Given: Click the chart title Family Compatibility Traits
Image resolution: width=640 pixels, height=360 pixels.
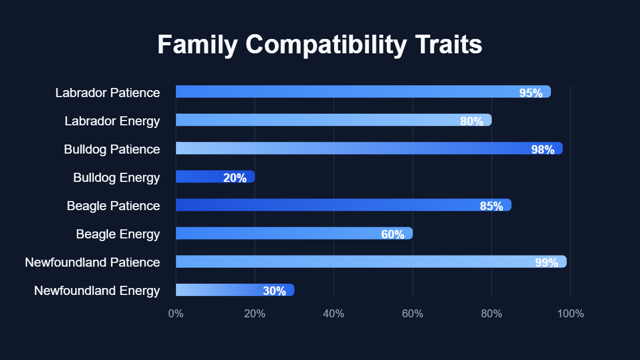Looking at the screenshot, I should (x=319, y=45).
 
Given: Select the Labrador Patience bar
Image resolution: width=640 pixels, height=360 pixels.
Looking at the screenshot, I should (x=363, y=92).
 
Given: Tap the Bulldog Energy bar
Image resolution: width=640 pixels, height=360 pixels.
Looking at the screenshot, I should (x=215, y=177).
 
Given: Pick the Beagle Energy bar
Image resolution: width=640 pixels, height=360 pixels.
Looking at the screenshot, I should (x=294, y=233).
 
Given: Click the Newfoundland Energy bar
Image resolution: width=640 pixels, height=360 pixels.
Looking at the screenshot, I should (x=235, y=290).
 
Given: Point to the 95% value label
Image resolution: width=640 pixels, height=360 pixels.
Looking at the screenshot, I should (x=531, y=93).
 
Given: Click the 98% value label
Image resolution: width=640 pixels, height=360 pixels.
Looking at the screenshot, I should (x=542, y=149).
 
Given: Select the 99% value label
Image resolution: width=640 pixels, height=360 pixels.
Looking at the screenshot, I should (x=547, y=262).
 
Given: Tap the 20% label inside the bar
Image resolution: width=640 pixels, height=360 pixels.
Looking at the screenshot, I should (x=235, y=178).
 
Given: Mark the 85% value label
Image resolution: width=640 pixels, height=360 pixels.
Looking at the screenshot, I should (x=491, y=206).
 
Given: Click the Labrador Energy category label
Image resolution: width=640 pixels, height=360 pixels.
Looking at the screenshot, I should (x=112, y=121).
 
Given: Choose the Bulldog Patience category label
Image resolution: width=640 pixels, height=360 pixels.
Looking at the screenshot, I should (x=112, y=149).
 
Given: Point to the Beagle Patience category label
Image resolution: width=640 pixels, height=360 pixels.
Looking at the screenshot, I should (x=113, y=206).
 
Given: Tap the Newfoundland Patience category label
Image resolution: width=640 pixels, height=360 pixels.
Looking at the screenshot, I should (x=92, y=262).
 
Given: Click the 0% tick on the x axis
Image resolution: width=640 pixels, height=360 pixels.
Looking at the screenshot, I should (x=176, y=314).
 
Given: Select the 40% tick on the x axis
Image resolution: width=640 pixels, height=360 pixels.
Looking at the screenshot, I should (x=334, y=314).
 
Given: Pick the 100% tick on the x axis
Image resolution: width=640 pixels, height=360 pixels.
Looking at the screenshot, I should (x=571, y=314).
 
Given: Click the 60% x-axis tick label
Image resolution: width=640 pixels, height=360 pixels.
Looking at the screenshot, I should (x=413, y=314).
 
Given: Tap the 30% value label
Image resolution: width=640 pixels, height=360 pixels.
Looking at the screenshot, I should (x=274, y=291).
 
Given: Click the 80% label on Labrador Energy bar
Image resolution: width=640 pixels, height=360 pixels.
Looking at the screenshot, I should (x=471, y=121).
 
